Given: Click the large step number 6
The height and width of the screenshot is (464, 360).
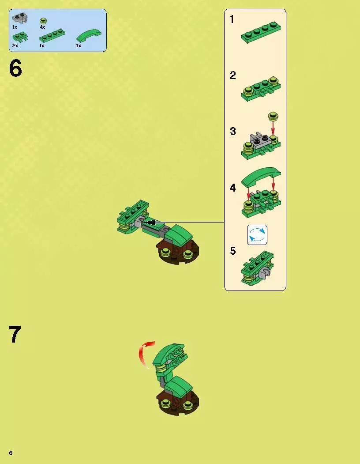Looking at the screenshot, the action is coord(15,68).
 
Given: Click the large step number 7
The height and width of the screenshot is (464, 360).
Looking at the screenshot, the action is coord(15,334).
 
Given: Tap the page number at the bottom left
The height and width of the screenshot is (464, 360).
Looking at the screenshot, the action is coord(11,453).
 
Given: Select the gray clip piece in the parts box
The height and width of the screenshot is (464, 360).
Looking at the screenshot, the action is coord(20,19).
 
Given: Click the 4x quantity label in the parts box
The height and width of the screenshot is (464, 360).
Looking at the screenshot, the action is coord(43,27).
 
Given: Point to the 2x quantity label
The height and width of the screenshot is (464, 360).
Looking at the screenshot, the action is coord(15,45).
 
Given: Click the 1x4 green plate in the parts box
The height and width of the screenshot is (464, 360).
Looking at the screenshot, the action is coord(52,36).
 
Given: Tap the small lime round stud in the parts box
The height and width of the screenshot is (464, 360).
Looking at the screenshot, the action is coord(44,21).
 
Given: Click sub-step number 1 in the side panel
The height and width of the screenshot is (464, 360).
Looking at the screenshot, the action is coord(232,19).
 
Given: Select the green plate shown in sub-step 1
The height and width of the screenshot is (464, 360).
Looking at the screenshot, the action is coord(261,33).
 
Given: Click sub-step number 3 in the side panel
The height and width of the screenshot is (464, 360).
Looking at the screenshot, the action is coord(233,131).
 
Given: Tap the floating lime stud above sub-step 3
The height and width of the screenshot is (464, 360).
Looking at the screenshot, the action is coord(273,116).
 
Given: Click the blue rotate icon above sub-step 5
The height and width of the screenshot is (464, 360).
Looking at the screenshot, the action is coord(257,235).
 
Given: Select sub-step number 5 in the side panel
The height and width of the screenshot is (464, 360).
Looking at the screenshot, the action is coord(233,251).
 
